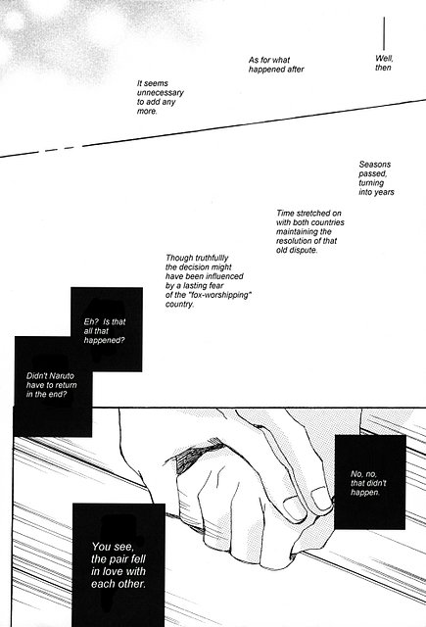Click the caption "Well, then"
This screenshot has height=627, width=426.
384,63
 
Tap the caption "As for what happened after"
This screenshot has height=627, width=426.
276,65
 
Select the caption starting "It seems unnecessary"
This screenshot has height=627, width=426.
161,97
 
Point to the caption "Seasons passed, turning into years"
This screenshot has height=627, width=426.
376,178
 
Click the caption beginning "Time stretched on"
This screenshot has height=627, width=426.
310,231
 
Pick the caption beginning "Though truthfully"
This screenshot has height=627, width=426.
209,281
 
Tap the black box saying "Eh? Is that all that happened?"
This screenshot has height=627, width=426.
107,329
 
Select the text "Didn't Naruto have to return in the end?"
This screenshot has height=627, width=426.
52,385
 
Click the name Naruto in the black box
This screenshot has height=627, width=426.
62,376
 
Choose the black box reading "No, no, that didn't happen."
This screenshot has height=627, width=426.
369,482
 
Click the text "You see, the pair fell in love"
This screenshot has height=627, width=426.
118,565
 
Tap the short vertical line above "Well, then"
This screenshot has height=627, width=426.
384,33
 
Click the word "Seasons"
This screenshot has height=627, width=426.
374,165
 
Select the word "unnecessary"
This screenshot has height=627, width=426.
161,93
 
